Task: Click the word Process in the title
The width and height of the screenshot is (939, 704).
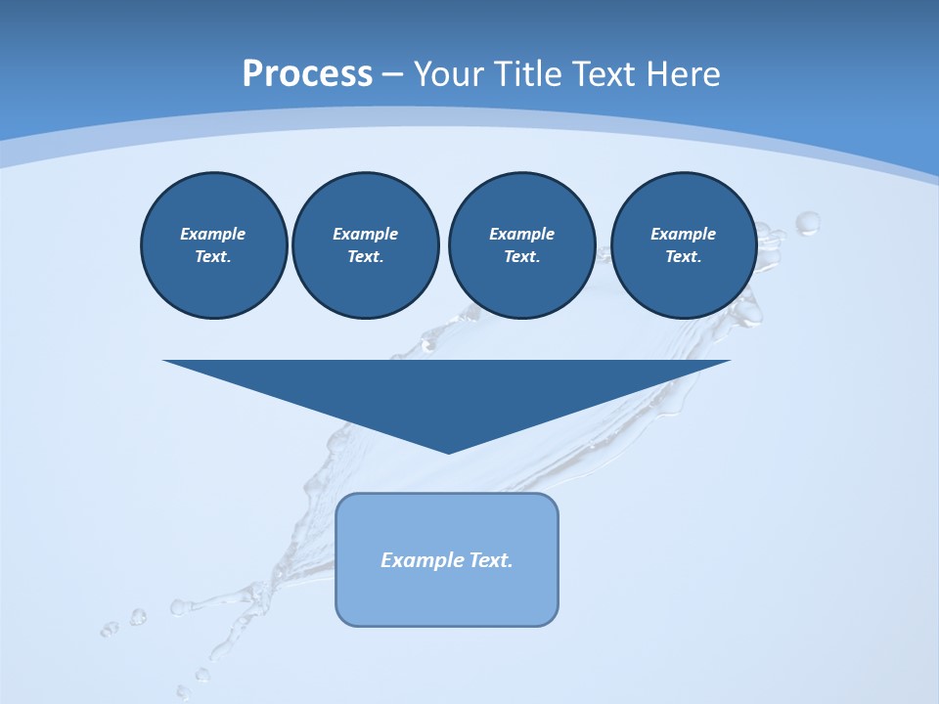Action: click(x=307, y=74)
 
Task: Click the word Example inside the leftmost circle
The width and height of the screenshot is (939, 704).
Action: click(x=213, y=234)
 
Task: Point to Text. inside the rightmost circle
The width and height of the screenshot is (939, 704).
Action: click(x=683, y=256)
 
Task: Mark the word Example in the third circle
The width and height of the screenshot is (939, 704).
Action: click(x=521, y=234)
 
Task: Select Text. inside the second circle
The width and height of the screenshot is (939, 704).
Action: click(x=365, y=256)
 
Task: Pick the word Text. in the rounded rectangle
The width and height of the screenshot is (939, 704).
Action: click(x=492, y=560)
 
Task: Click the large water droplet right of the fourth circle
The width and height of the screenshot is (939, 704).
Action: click(x=808, y=224)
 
